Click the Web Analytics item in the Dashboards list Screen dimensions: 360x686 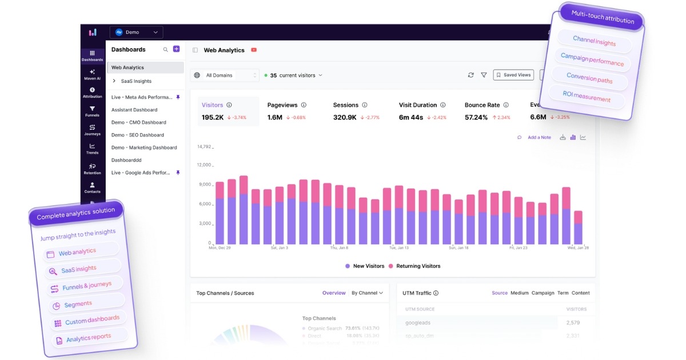tap(128, 67)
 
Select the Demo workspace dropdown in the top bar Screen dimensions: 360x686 tap(137, 33)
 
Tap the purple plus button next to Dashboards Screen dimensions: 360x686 tap(177, 50)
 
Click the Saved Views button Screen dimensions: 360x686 tap(513, 75)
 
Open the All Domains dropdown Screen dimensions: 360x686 tap(226, 75)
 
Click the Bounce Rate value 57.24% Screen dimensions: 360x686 tap(476, 117)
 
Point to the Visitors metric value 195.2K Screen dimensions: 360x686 tap(213, 117)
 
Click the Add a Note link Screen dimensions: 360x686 tap(539, 137)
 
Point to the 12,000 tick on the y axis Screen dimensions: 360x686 tap(204, 165)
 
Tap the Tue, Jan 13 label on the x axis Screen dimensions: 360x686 tap(399, 248)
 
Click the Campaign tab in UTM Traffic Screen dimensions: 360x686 tap(543, 293)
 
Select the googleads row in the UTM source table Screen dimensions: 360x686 tap(418, 323)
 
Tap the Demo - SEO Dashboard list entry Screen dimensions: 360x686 tap(138, 135)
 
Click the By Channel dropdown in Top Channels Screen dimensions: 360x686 tap(367, 293)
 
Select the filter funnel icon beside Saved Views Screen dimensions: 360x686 tap(484, 75)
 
